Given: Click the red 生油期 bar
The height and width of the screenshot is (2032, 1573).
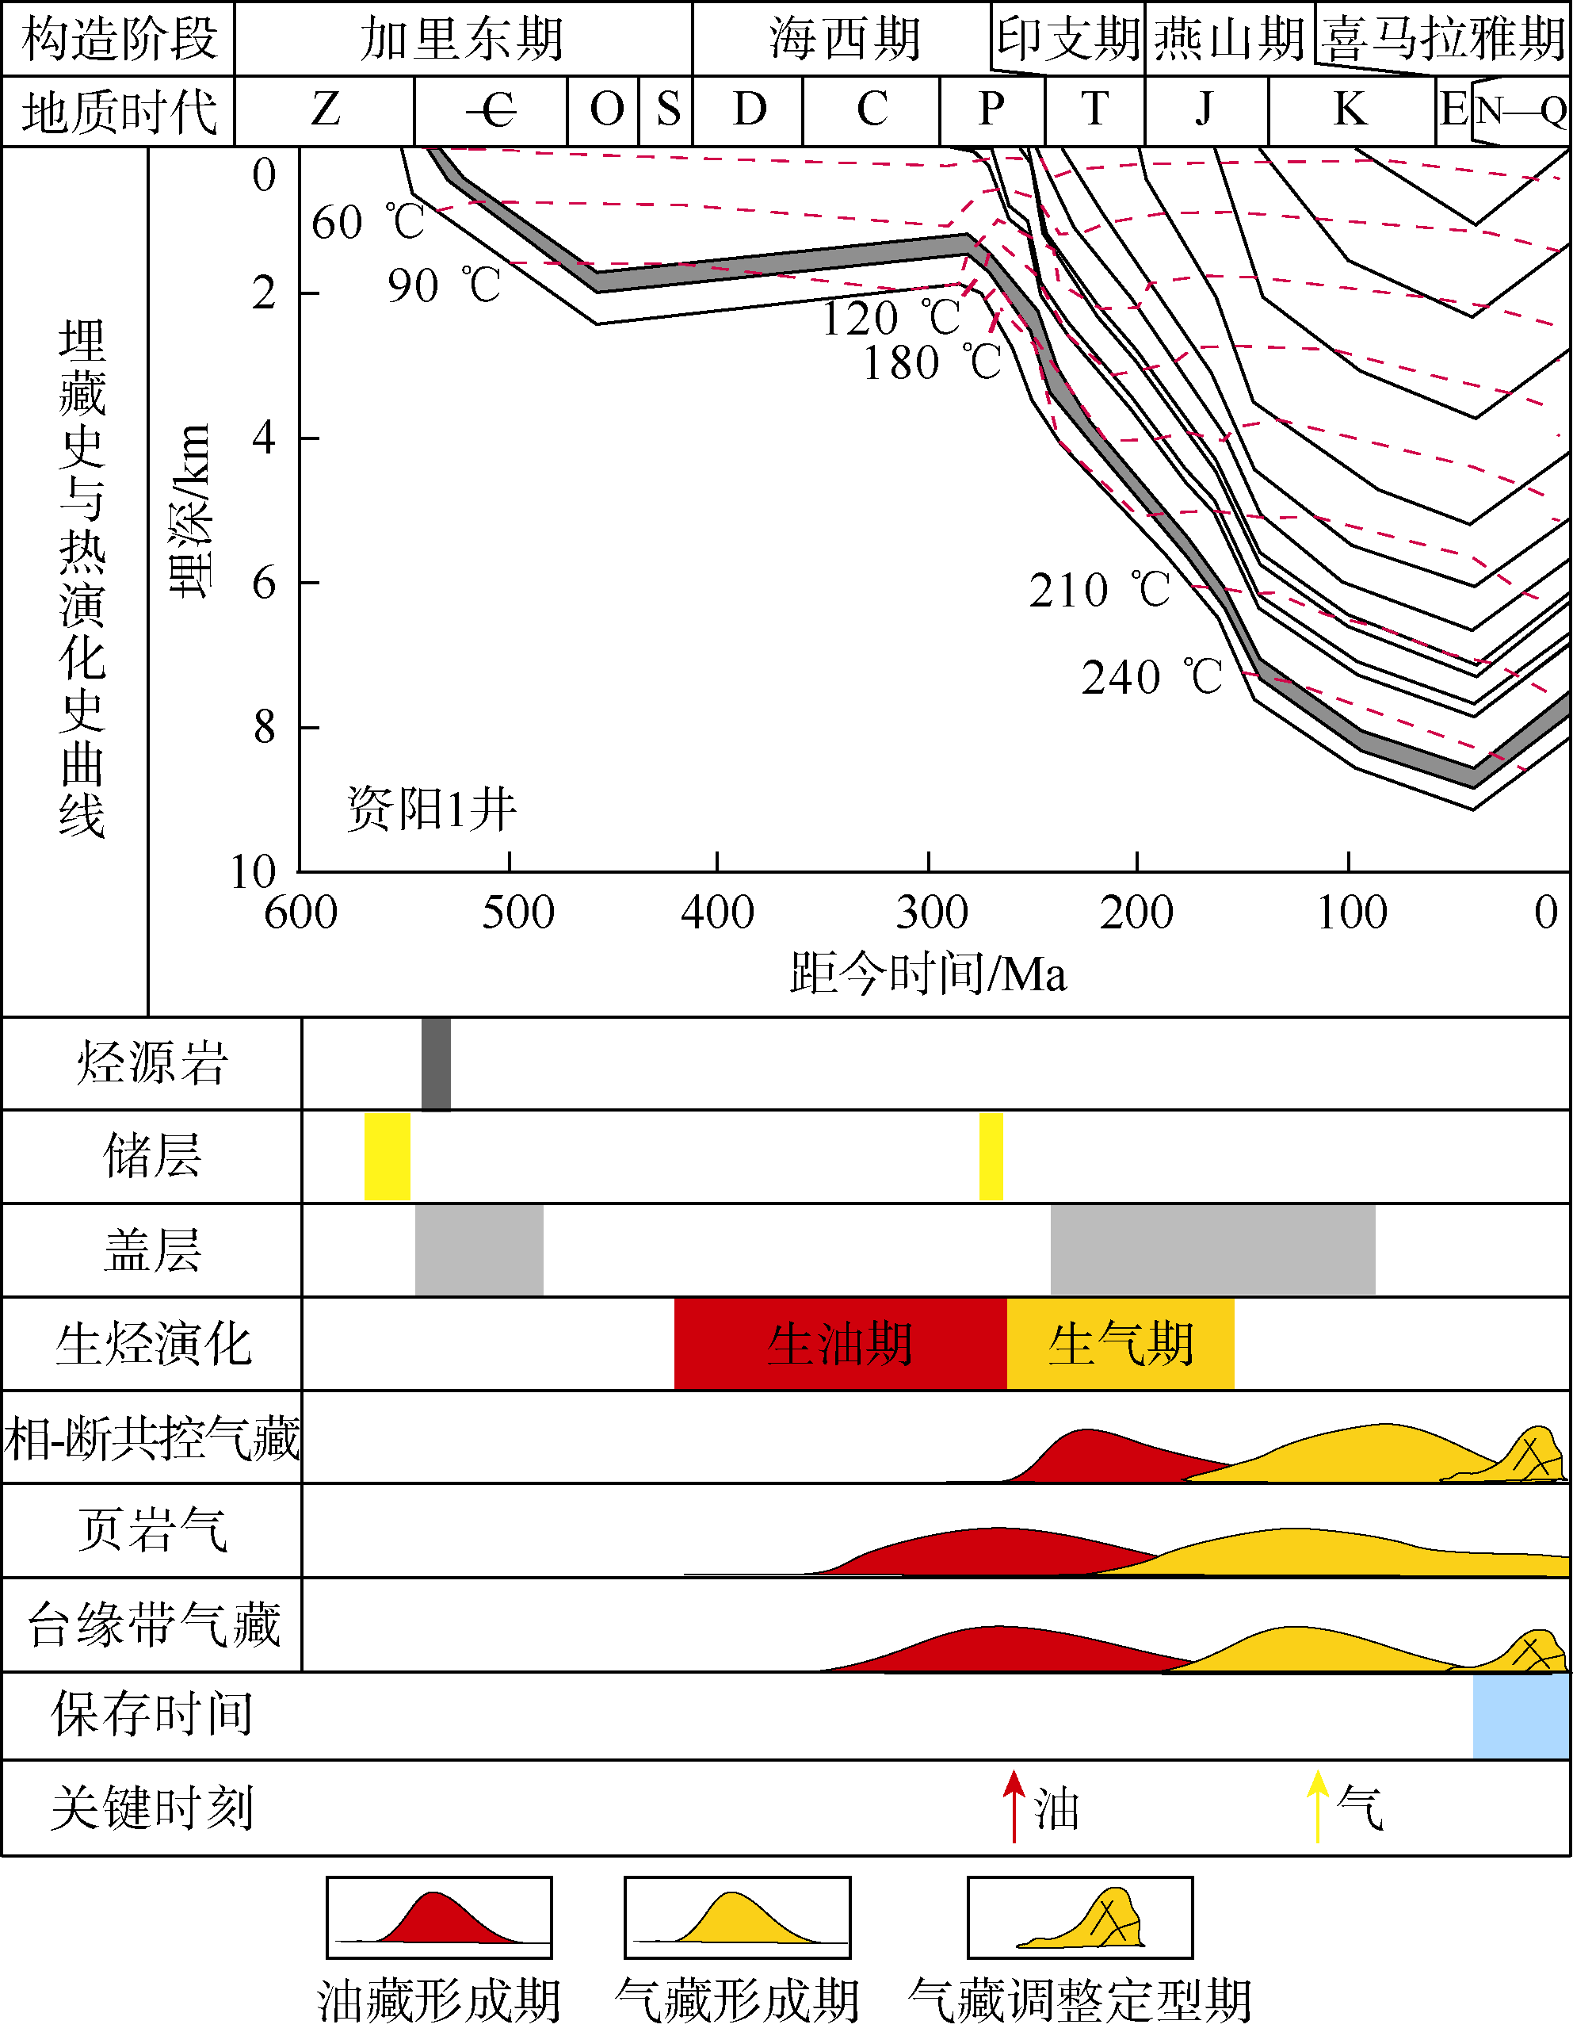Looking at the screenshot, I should click(840, 1344).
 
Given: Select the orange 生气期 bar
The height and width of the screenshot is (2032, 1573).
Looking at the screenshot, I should click(1120, 1344).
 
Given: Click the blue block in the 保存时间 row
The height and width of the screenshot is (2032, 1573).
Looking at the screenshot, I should click(1521, 1715).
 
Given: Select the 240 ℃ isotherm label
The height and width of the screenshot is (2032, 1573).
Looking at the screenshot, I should click(1151, 677).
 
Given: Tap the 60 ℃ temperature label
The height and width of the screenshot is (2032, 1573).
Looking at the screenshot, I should click(368, 222).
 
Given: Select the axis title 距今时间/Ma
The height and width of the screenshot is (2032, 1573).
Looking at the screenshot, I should click(927, 974).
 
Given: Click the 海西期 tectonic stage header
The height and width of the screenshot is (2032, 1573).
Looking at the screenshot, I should click(844, 39).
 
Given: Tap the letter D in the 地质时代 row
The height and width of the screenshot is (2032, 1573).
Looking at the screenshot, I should click(750, 109).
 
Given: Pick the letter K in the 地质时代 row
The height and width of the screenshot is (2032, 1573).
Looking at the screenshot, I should click(1350, 109).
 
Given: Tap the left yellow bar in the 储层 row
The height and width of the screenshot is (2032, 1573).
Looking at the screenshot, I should click(387, 1156).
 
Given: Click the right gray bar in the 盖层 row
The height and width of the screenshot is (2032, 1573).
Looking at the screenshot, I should click(1212, 1249).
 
